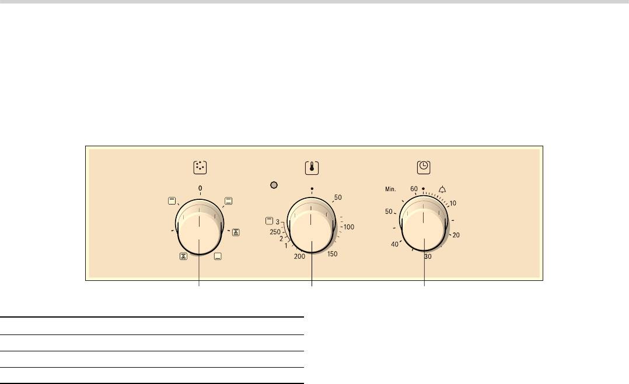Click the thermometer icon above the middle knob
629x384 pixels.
[312, 168]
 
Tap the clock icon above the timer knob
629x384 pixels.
[424, 167]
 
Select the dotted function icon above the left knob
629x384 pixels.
[200, 167]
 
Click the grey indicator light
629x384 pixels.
[274, 185]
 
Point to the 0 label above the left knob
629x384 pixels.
[200, 188]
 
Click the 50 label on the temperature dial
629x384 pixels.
[338, 198]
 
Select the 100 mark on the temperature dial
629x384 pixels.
[348, 227]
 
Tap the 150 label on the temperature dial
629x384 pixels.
[332, 254]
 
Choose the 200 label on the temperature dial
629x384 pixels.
[300, 256]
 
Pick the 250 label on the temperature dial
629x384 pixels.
[275, 232]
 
